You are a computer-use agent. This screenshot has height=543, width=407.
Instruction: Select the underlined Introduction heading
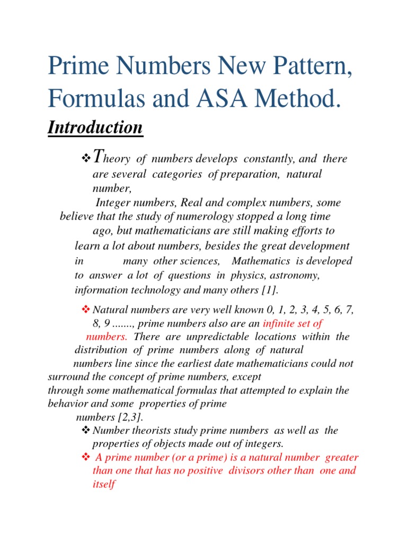(x=95, y=127)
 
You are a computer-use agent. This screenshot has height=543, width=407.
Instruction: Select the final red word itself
(x=103, y=484)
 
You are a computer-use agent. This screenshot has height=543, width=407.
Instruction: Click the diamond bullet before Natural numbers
(x=86, y=309)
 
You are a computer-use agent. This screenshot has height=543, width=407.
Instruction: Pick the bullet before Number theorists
(x=86, y=431)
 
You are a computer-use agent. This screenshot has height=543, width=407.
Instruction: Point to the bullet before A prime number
(x=86, y=457)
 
